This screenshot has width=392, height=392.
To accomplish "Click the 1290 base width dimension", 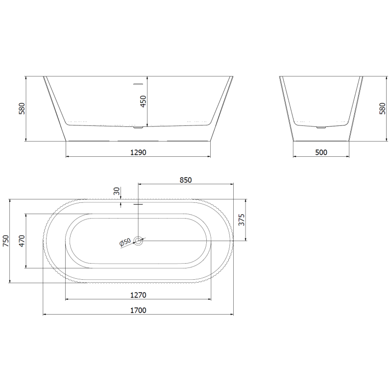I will [138, 152].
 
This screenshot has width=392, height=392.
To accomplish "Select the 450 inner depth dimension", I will [143, 101].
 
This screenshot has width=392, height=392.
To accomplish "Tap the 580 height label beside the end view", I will [382, 109].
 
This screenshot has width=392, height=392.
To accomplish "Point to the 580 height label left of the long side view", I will [22, 109].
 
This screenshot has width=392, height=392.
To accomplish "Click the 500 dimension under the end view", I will [321, 152].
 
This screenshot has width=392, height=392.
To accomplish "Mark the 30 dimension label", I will [116, 192].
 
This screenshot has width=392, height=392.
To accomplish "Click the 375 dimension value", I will [241, 220].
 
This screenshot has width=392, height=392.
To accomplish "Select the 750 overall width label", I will [6, 241].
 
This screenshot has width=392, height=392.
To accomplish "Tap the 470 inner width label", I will [22, 241].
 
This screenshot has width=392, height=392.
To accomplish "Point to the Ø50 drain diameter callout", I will [125, 242].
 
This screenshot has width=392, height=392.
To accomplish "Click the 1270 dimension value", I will [138, 295].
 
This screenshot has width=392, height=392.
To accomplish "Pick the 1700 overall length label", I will [138, 310].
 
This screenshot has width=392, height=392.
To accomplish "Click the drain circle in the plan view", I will [139, 241].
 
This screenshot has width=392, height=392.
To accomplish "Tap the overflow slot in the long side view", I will [138, 83].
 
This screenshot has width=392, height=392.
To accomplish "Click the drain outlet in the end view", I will [321, 128].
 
